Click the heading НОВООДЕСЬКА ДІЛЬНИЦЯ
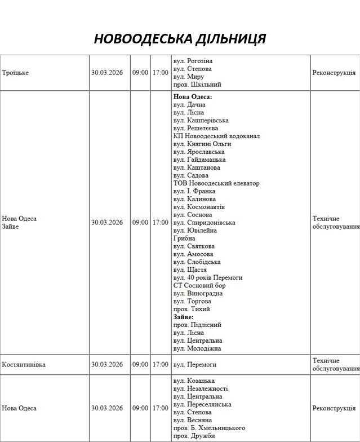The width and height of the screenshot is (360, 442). pyautogui.click(x=180, y=39)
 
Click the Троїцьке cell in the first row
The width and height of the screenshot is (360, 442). pyautogui.click(x=15, y=73)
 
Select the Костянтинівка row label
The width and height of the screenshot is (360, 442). pyautogui.click(x=24, y=365)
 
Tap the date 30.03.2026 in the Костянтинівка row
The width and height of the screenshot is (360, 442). pyautogui.click(x=107, y=365)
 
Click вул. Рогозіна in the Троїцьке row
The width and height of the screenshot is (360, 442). pyautogui.click(x=193, y=61)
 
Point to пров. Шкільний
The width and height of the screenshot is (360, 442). pyautogui.click(x=197, y=85)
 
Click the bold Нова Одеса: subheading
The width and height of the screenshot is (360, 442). pyautogui.click(x=193, y=97)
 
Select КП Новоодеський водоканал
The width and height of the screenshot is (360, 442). pyautogui.click(x=216, y=136)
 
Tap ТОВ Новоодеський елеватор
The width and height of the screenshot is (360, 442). pyautogui.click(x=216, y=183)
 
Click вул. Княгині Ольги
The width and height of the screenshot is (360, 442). pyautogui.click(x=202, y=144)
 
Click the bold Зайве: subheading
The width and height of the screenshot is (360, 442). pyautogui.click(x=183, y=317)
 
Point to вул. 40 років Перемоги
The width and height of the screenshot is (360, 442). pyautogui.click(x=208, y=277)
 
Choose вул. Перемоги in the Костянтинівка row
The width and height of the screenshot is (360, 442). pyautogui.click(x=195, y=365)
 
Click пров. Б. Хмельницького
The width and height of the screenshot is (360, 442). pyautogui.click(x=209, y=428)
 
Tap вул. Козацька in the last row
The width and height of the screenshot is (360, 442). pyautogui.click(x=194, y=381)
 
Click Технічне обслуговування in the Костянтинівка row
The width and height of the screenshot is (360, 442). pyautogui.click(x=335, y=365)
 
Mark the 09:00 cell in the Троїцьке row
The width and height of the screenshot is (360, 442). pyautogui.click(x=140, y=73)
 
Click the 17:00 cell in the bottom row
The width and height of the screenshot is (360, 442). pyautogui.click(x=160, y=408)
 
